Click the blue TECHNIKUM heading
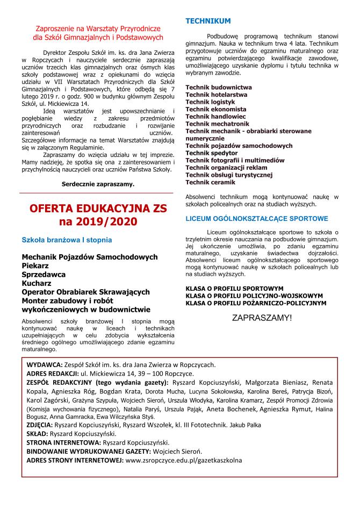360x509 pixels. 208,21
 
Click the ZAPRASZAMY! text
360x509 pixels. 262,318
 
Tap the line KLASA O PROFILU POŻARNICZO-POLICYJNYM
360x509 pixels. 255,303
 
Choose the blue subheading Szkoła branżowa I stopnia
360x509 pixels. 67,240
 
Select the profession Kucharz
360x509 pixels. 36,283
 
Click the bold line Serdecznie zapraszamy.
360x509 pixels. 98,184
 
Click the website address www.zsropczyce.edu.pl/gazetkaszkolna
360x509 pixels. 183,460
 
